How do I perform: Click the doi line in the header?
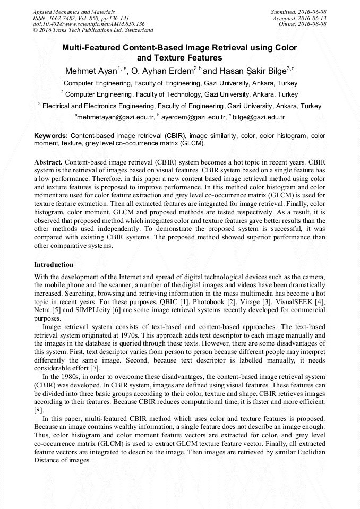point(89,24)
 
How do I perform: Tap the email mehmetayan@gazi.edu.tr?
point(115,117)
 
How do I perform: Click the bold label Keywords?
point(51,136)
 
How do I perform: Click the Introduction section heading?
point(54,265)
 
